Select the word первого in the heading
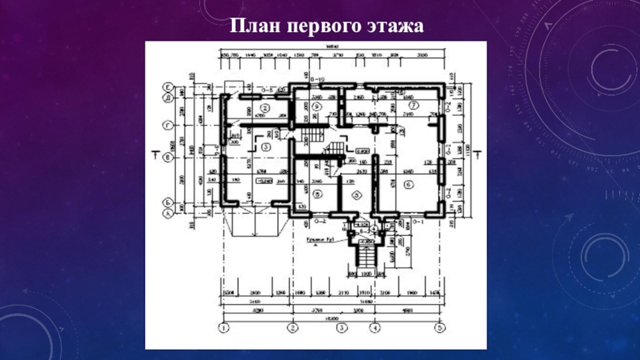point(318,27)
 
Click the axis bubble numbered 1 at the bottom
point(225,328)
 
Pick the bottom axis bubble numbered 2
point(294,328)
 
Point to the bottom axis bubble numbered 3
point(341,328)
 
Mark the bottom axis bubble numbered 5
point(439,328)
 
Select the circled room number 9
point(316,105)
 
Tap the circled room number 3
point(266,146)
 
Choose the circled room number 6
point(409,185)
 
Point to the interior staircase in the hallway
point(334,150)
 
